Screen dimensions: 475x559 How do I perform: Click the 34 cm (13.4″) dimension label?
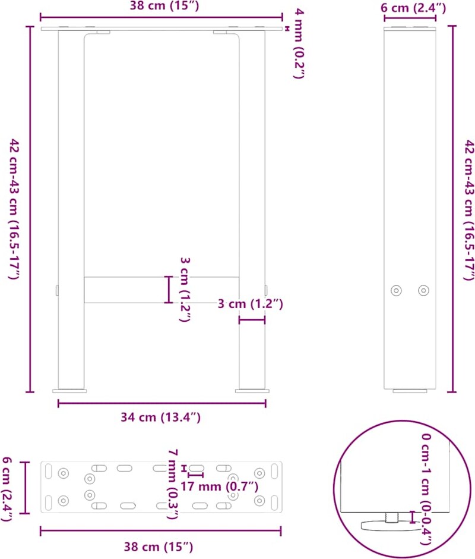[x=160, y=417]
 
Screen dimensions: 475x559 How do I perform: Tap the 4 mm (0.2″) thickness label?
[x=299, y=43]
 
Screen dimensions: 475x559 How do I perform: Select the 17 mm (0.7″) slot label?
[x=219, y=486]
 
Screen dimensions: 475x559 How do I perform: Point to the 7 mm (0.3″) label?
[x=173, y=484]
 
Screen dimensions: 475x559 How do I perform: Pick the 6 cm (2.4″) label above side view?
[x=413, y=8]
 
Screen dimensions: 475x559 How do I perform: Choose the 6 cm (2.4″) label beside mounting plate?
[x=7, y=489]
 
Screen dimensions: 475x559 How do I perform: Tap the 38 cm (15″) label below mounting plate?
[x=159, y=547]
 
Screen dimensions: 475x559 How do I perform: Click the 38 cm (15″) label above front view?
[x=164, y=6]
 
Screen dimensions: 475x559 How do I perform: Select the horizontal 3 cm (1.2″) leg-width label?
[x=251, y=304]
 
